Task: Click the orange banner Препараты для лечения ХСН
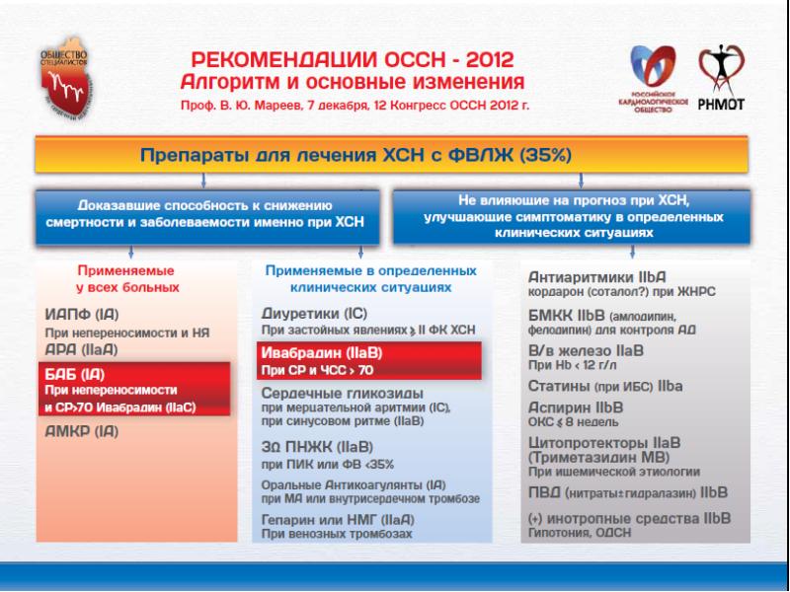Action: (x=395, y=157)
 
